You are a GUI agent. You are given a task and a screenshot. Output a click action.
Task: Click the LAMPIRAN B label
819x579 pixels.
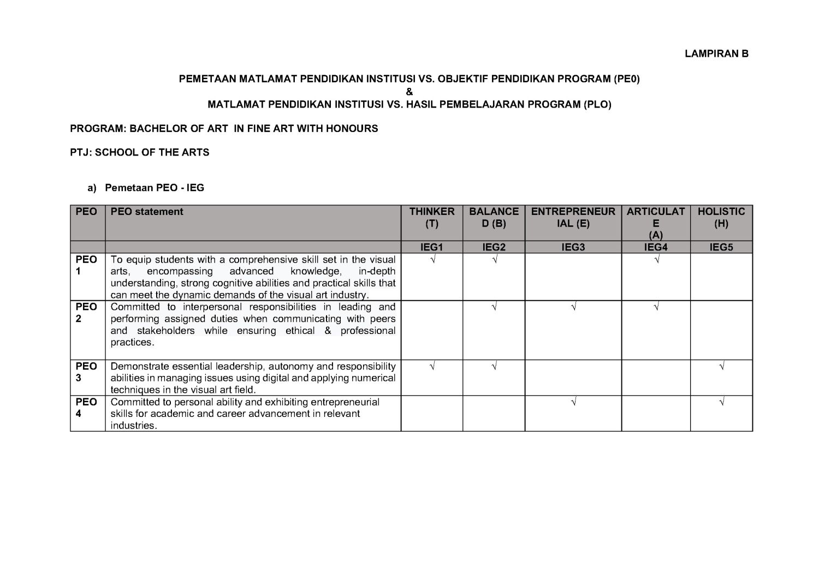click(716, 53)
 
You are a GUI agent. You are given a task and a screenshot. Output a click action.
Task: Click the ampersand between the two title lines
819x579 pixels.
click(410, 92)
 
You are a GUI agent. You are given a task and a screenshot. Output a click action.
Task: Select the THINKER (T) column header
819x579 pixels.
click(431, 217)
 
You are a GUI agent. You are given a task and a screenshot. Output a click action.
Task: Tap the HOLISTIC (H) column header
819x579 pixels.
click(721, 217)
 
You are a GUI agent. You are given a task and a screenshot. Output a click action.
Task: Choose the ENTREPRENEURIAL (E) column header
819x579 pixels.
click(573, 217)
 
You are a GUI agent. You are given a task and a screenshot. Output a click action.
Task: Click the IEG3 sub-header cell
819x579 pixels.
click(573, 247)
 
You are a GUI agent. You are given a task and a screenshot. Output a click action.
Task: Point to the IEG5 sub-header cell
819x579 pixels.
click(721, 247)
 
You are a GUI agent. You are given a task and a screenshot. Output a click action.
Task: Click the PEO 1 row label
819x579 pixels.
click(86, 265)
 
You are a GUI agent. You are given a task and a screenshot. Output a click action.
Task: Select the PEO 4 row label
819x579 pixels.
click(86, 408)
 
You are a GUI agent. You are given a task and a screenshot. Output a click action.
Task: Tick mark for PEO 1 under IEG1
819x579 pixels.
click(432, 260)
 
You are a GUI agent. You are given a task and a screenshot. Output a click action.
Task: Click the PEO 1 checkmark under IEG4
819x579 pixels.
click(656, 260)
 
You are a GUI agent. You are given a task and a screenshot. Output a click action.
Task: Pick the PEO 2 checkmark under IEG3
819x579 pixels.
click(573, 307)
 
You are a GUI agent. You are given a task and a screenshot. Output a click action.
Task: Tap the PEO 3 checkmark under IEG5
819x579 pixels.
click(722, 367)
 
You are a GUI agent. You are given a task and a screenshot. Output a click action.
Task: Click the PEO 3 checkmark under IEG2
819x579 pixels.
click(494, 367)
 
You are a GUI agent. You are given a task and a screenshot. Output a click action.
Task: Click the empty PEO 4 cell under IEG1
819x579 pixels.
click(431, 413)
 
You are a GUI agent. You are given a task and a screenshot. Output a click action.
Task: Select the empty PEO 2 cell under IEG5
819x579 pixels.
click(721, 330)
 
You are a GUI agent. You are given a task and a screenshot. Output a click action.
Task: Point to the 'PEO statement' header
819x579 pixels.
click(147, 212)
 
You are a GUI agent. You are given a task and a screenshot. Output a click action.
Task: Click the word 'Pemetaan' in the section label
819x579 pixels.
click(126, 188)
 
